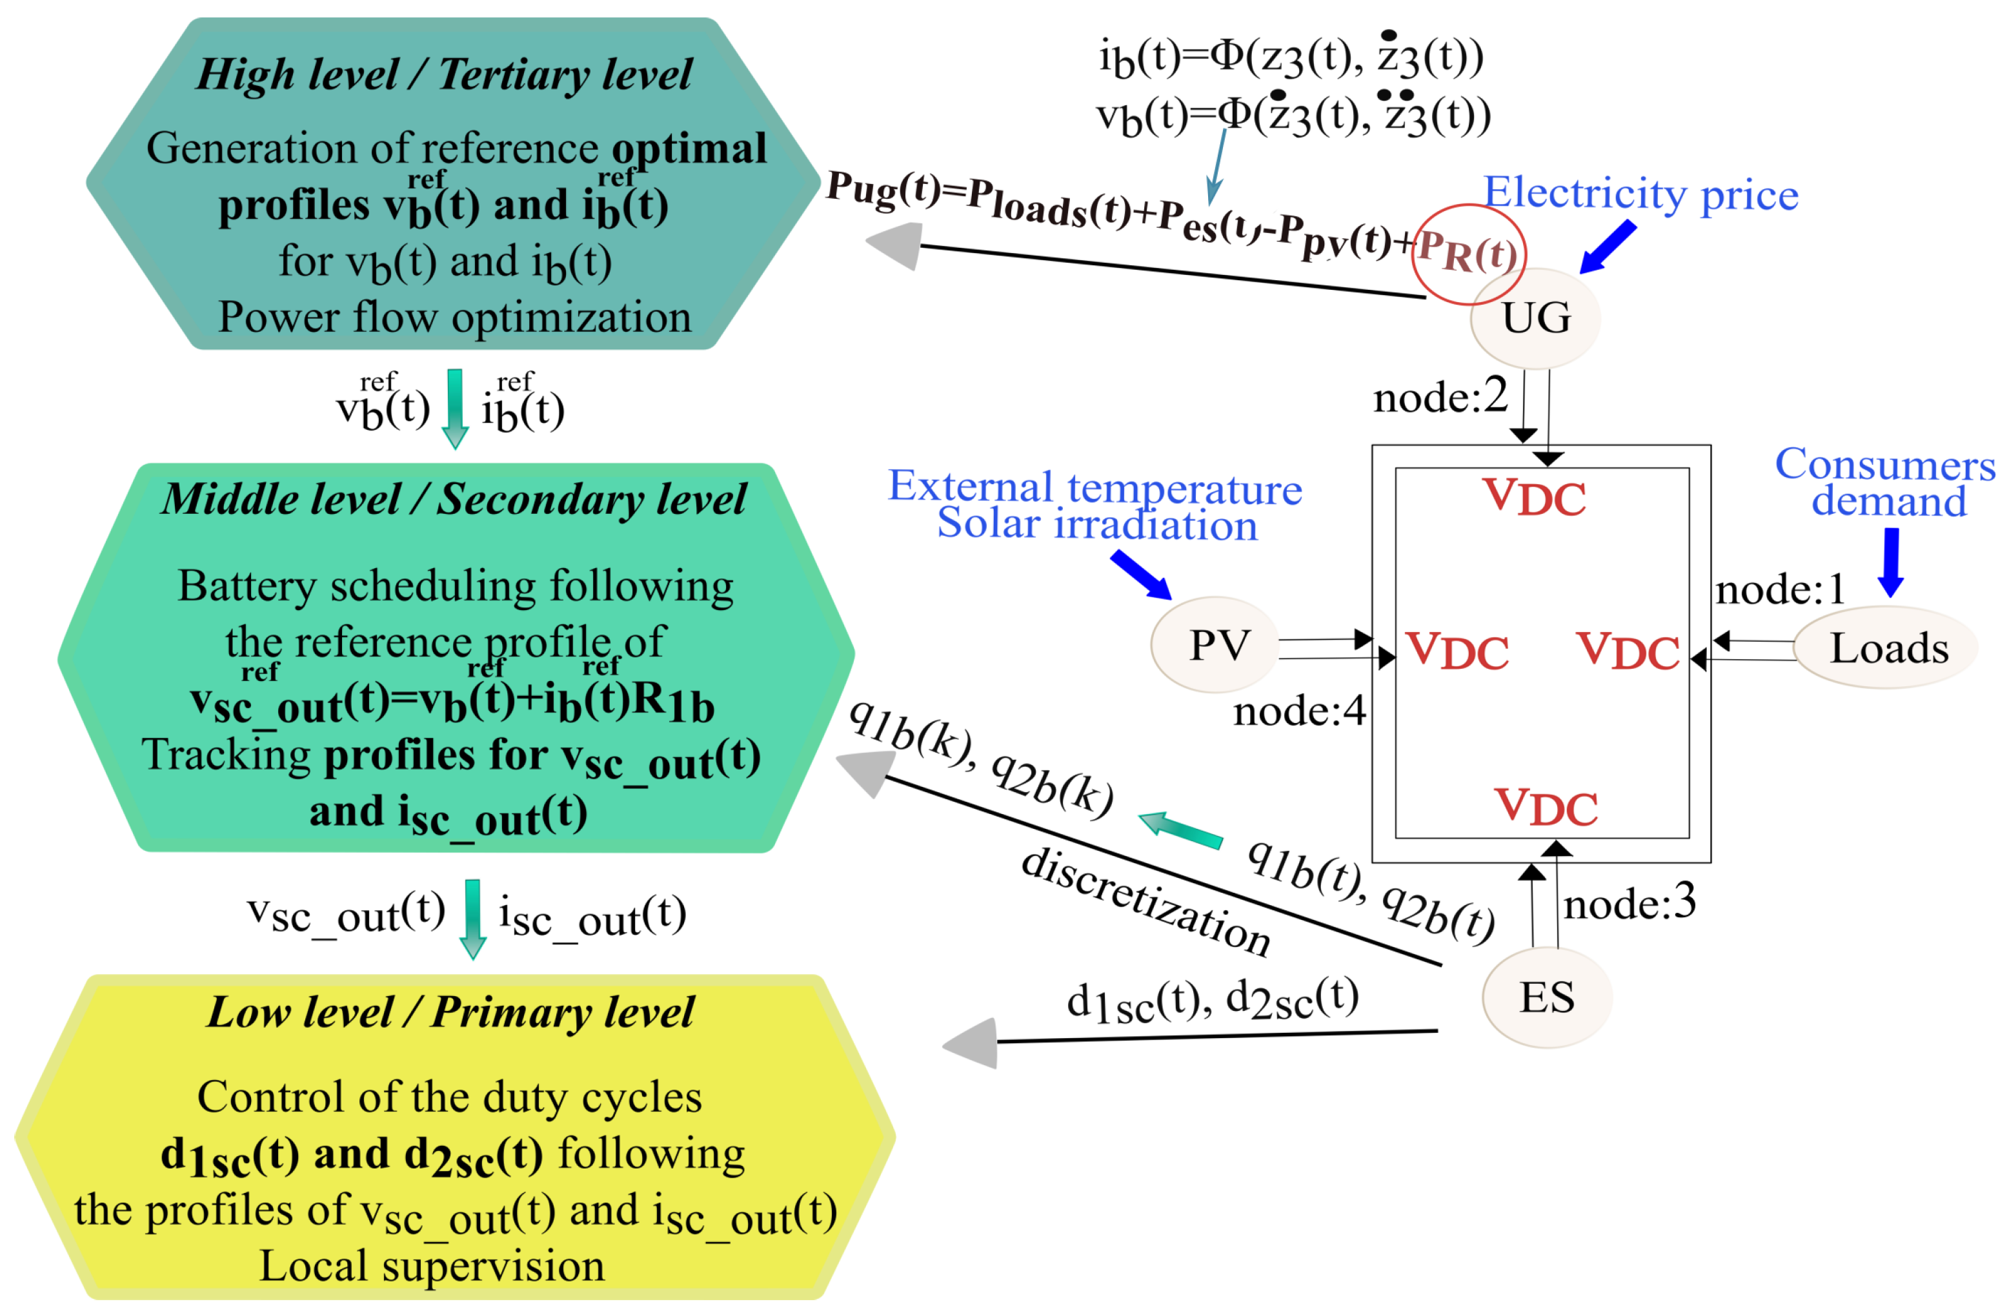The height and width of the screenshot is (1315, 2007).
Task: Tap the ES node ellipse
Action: [x=1547, y=998]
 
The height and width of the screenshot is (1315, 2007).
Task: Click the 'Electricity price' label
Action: [x=1640, y=194]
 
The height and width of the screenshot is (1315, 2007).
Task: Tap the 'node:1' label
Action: [x=1779, y=589]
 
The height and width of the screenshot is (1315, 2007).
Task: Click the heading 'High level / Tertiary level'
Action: [x=445, y=74]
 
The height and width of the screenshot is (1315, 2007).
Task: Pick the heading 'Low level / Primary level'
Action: [x=450, y=1013]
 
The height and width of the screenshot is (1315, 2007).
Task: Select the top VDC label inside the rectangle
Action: [x=1534, y=497]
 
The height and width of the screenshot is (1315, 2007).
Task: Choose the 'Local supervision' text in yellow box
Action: [x=432, y=1266]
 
